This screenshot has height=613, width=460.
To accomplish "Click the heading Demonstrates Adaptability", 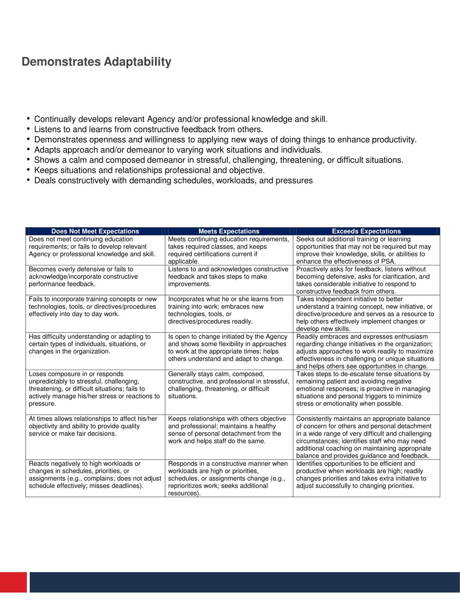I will click(96, 62).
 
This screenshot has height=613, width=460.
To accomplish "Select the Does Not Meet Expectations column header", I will click(95, 231).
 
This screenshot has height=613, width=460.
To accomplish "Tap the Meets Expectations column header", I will click(229, 231).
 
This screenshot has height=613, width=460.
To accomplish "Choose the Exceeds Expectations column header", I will click(366, 231).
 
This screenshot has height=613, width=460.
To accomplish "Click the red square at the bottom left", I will click(13, 582).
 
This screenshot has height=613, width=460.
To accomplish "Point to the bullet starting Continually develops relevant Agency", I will click(181, 119).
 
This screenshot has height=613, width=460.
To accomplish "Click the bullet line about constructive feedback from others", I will click(148, 129).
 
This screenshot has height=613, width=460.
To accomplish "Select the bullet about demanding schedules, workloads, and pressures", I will click(173, 181).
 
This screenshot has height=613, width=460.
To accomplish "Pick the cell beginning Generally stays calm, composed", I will click(228, 385).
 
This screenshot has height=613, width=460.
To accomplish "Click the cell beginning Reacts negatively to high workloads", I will click(95, 475).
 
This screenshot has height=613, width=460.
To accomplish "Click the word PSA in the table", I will click(388, 261).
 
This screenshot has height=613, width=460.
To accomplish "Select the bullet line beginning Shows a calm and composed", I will click(219, 160).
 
